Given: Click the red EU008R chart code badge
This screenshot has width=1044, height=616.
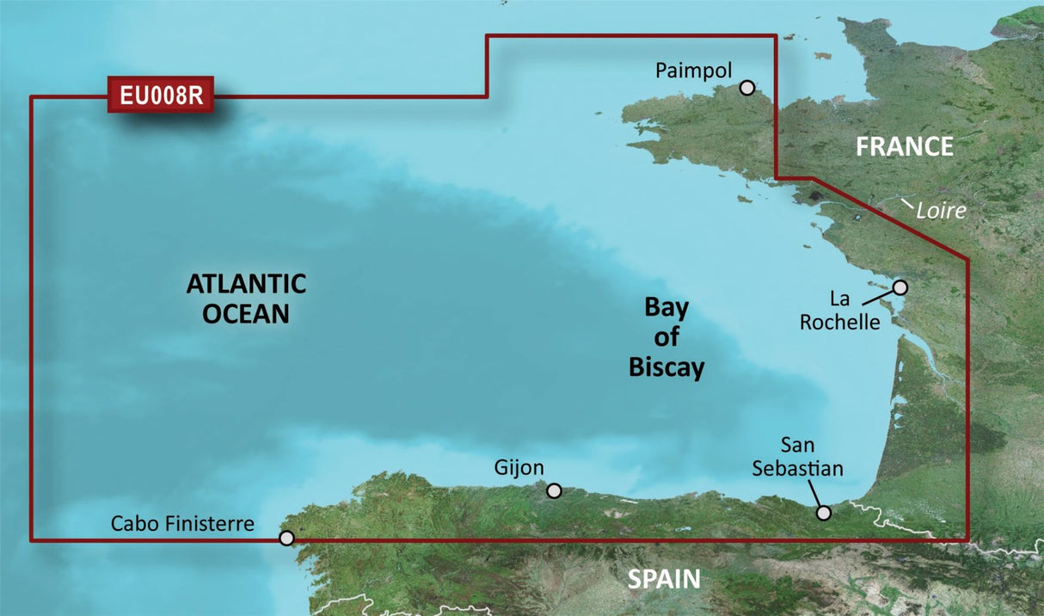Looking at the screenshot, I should (161, 95).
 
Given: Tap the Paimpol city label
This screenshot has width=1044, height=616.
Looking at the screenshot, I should (692, 71).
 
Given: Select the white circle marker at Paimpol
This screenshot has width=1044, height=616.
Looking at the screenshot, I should (747, 87).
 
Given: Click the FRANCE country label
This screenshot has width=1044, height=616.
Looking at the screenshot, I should (905, 147).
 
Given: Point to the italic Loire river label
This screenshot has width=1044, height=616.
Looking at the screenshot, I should (942, 210).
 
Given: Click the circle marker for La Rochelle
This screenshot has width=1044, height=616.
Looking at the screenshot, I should (900, 287).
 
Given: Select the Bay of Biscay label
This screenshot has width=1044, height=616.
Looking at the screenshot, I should (666, 338).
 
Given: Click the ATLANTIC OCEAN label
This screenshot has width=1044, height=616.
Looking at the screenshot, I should (246, 298).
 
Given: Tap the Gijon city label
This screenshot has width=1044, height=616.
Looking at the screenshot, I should (519, 468).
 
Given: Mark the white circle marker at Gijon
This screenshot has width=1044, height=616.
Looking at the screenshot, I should (555, 490).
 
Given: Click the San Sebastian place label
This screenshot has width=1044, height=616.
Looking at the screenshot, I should (797, 457).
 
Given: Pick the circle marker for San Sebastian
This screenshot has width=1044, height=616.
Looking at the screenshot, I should (824, 513).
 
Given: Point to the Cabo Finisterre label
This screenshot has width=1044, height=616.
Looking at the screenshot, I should (182, 523).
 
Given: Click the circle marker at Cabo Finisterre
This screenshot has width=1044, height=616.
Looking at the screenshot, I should (287, 539).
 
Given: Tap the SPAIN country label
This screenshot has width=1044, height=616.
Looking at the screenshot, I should (664, 579).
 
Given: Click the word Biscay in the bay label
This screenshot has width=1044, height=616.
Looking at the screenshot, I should (666, 368).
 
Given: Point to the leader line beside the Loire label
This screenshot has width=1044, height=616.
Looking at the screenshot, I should (906, 205).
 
